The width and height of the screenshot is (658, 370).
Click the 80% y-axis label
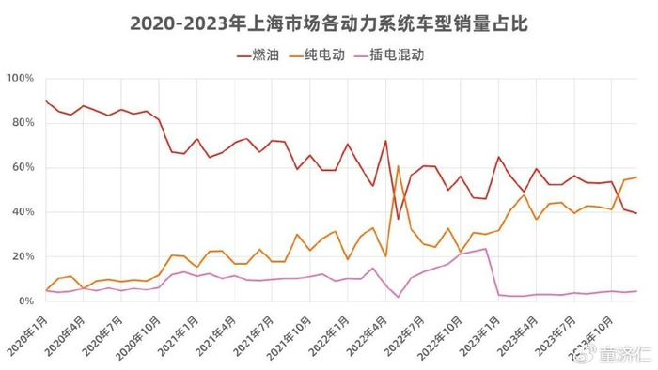click(x=22, y=123)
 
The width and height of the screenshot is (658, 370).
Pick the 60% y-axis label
click(x=22, y=167)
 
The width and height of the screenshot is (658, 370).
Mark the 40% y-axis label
click(x=22, y=212)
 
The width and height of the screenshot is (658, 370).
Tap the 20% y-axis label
click(x=22, y=256)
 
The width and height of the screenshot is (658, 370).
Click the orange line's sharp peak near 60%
click(x=399, y=167)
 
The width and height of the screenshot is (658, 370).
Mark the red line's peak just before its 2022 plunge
click(x=386, y=141)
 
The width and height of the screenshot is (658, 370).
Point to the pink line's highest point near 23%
click(x=485, y=249)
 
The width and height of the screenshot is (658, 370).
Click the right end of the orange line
click(x=636, y=177)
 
